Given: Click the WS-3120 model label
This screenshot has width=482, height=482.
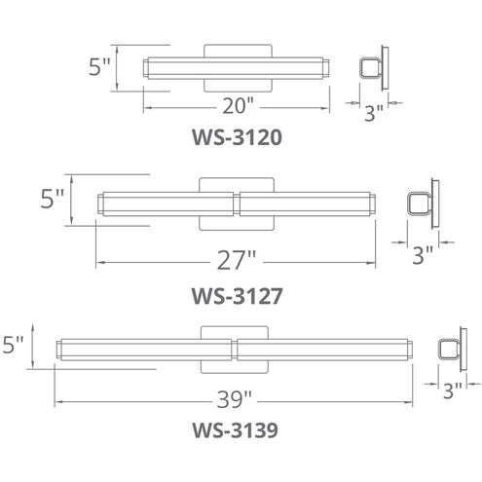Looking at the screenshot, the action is coord(237,137).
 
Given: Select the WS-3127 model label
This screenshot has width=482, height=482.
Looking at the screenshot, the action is coord(237,296).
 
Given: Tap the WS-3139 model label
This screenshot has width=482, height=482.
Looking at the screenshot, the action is coord(235,430).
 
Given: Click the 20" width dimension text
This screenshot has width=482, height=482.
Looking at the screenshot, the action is coord(238,105).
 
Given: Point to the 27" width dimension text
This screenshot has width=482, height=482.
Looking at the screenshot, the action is coord(237,260).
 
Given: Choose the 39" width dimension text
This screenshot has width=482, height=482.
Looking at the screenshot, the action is coord(234,399).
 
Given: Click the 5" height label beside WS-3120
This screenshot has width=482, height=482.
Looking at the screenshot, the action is coord(99,67).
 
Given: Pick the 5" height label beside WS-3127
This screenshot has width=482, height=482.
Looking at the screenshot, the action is coord(52,199).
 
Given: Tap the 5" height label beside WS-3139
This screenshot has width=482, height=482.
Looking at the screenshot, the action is coord(13,345).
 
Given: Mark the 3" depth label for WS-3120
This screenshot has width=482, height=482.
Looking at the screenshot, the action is coord(374,113).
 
